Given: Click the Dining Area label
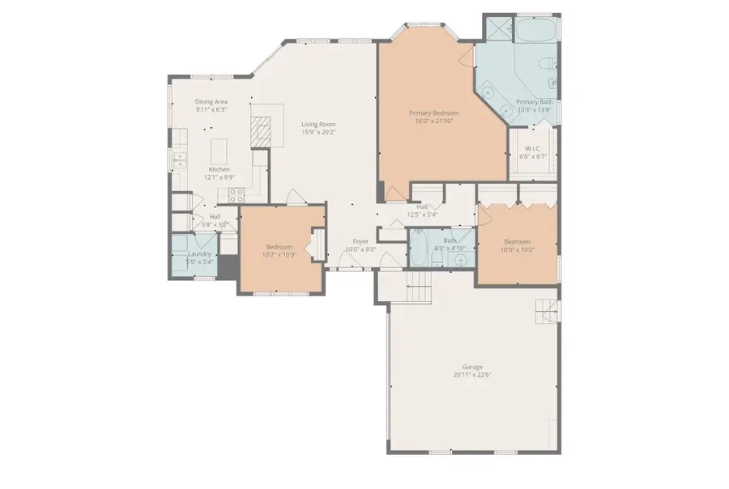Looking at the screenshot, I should point(211,101).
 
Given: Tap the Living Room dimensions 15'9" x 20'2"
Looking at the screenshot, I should point(318,132).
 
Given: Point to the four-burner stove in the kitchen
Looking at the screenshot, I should point(237,194).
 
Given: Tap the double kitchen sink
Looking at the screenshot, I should point(180,159).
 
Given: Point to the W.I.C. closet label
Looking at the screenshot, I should point(532,148).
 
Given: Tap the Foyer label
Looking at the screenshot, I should point(360,242).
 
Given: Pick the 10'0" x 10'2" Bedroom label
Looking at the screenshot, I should point(518,242).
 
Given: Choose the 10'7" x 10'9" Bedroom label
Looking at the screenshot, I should point(279,246).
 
